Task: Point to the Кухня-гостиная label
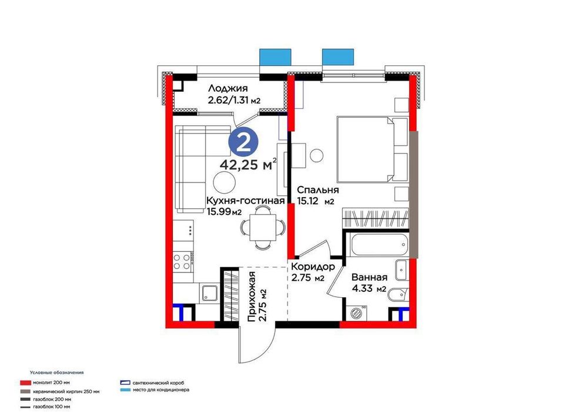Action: (x=245, y=201)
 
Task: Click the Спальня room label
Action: (x=317, y=190)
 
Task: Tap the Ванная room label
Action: (x=369, y=278)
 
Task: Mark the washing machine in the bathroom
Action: (x=357, y=313)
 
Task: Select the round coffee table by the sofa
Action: (x=223, y=181)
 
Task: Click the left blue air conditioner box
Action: (x=274, y=56)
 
